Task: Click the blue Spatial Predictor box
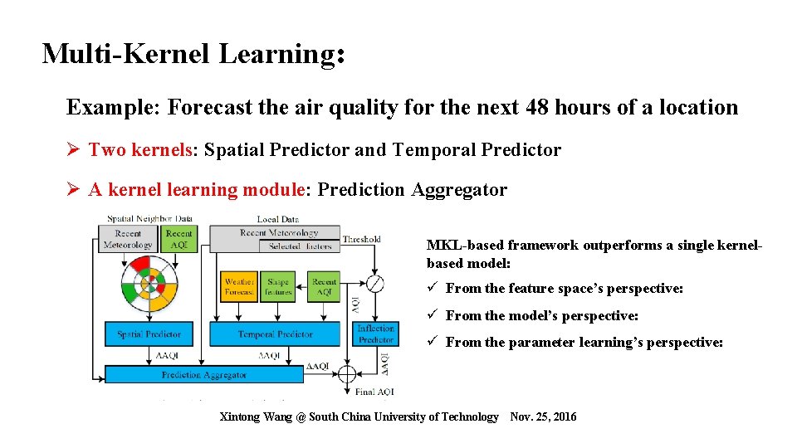[x=149, y=334]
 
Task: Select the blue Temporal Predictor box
[x=275, y=334]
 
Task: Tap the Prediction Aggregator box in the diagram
[x=203, y=375]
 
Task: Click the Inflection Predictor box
[x=375, y=334]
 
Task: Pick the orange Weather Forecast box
[x=239, y=287]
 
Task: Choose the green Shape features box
[x=278, y=287]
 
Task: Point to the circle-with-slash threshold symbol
[x=375, y=284]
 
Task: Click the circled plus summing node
[x=347, y=373]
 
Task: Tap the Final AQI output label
[x=375, y=392]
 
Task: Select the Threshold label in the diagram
[x=362, y=240]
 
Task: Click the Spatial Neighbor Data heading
[x=149, y=219]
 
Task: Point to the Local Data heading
[x=277, y=219]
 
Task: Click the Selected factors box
[x=300, y=246]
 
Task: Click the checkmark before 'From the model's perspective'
[x=433, y=316]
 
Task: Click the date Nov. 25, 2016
[x=543, y=416]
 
